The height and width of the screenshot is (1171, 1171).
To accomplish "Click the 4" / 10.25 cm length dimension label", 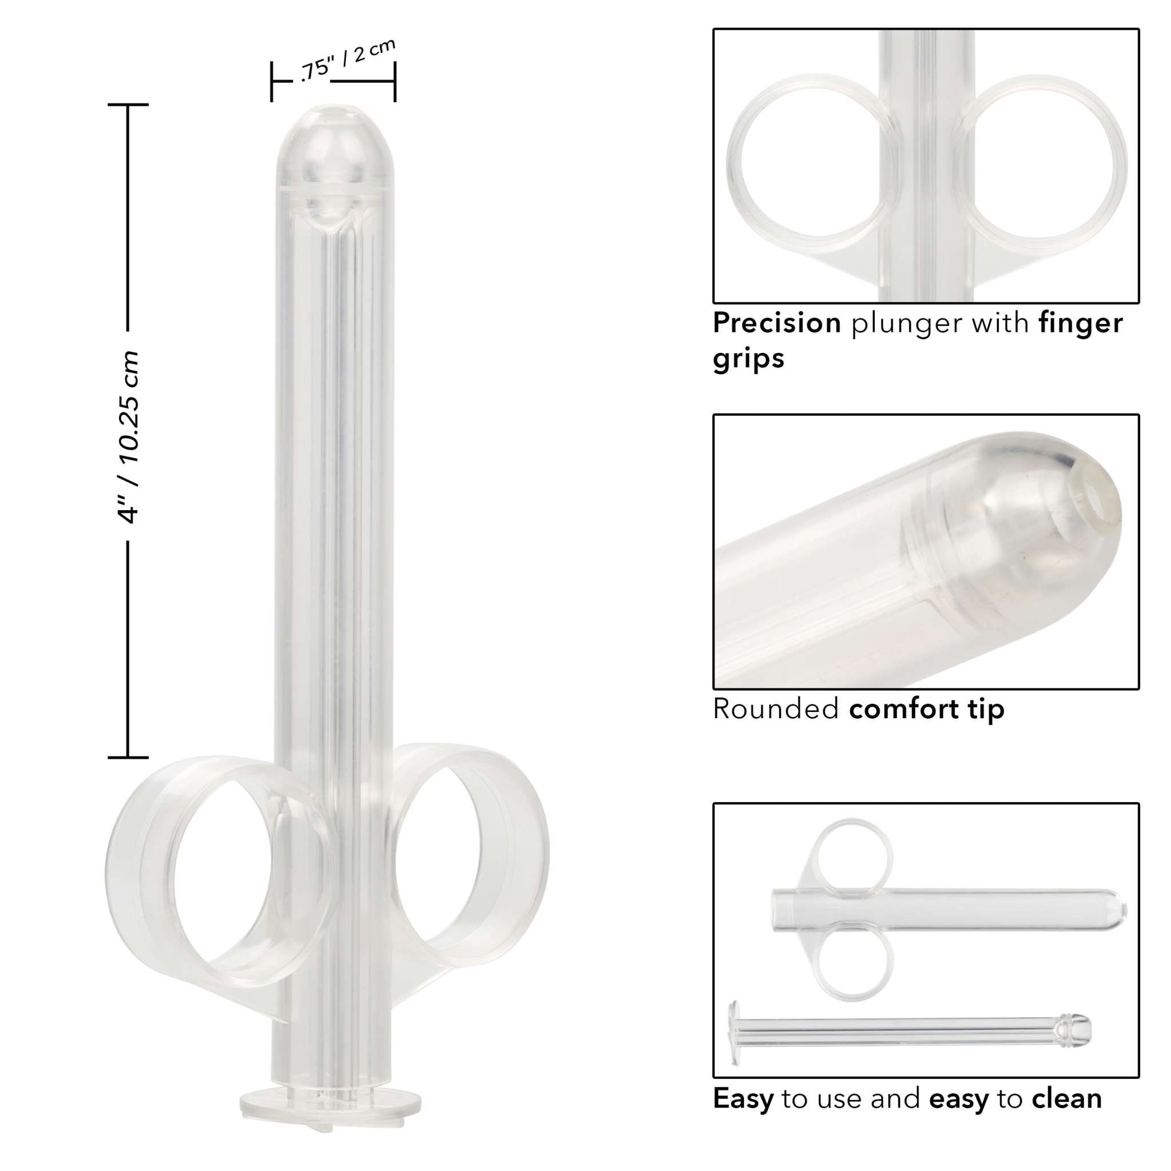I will (129, 436).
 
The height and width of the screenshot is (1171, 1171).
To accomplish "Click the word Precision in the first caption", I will (776, 323).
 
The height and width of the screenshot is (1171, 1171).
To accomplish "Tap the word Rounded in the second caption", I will (775, 708).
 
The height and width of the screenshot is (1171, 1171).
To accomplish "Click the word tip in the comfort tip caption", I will (986, 709).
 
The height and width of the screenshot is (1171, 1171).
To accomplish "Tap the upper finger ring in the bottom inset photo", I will (855, 858).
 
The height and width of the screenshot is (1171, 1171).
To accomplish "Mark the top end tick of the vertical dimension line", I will (128, 105).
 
